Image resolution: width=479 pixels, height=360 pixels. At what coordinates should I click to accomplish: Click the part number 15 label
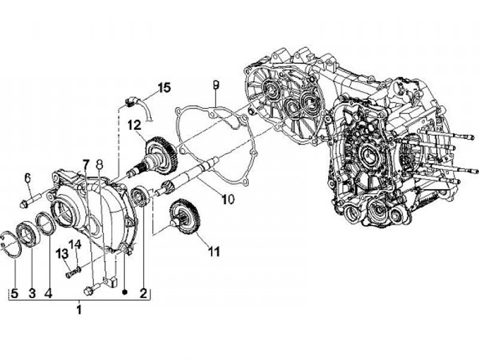click(164, 87)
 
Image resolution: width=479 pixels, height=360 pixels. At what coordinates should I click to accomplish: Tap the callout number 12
click(134, 124)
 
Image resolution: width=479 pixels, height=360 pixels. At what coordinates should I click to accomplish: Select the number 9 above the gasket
click(216, 85)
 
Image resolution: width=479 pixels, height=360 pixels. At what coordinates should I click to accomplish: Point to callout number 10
click(228, 198)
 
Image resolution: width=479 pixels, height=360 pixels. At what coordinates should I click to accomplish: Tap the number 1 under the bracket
click(86, 164)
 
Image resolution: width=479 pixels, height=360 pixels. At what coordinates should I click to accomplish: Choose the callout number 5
click(99, 164)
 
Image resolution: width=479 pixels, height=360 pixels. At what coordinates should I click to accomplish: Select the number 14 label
click(76, 245)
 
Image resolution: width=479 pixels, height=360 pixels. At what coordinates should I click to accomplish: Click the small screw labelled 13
click(71, 272)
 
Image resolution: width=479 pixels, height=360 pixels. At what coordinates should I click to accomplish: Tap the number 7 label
click(86, 164)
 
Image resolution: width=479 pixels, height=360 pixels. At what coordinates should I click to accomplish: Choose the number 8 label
click(99, 164)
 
